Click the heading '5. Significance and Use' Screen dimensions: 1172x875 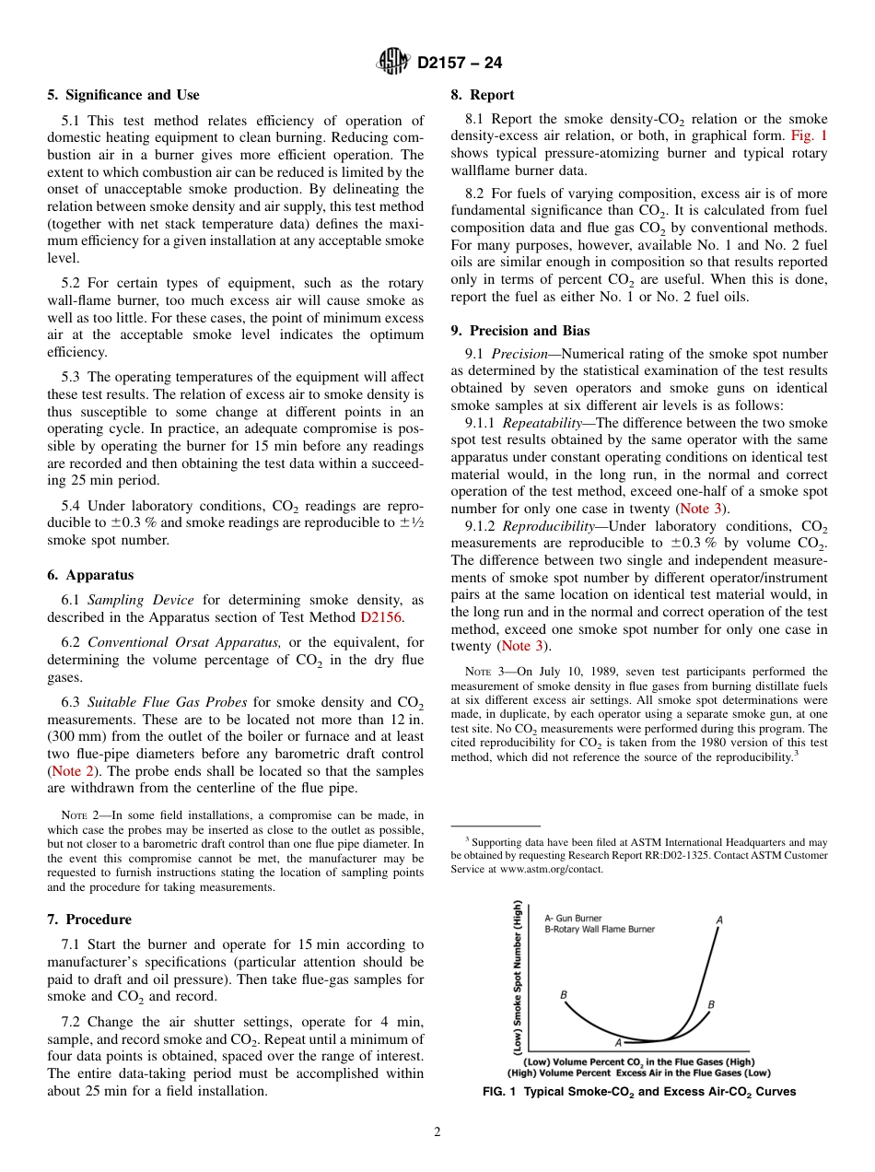click(122, 95)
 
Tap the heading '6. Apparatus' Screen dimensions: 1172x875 click(90, 575)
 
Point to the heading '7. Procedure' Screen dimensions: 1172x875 click(89, 920)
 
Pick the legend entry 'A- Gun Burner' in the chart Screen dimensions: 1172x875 click(573, 918)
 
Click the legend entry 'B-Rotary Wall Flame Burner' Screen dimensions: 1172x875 click(600, 930)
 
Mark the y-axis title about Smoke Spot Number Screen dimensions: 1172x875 click(519, 977)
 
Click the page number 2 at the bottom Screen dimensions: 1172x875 click(437, 1132)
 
